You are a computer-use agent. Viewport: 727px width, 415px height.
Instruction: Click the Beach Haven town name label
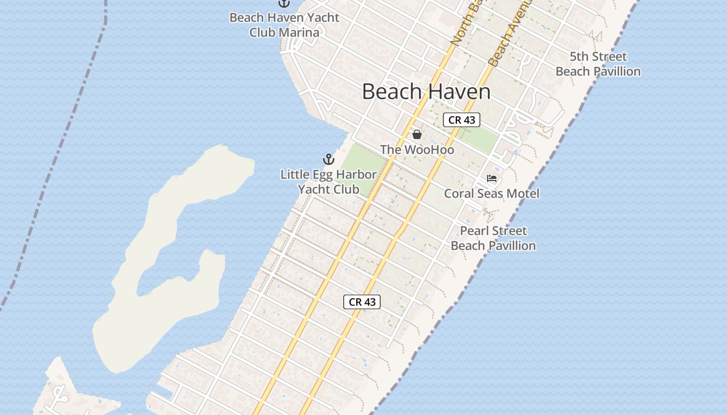pos(426,92)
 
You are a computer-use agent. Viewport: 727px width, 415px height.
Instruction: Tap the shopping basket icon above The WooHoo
pos(416,134)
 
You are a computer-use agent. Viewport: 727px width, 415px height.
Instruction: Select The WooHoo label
pos(417,150)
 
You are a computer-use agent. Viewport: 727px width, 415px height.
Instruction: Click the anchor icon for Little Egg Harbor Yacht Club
pos(328,159)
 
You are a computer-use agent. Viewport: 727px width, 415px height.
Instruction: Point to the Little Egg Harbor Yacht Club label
pos(328,182)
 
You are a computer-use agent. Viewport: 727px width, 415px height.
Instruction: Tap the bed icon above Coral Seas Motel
pos(492,179)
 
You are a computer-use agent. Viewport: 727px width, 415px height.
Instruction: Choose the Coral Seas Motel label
pos(491,193)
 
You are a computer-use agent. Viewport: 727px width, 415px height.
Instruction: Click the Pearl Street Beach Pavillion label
pos(493,238)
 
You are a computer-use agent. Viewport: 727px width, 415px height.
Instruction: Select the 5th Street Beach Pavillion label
pos(598,64)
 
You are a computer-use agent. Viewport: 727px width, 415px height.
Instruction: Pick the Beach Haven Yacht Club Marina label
pos(284,24)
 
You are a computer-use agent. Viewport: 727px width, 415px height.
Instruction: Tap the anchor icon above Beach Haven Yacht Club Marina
pos(284,3)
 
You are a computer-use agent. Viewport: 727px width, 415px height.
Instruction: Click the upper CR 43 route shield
pos(461,120)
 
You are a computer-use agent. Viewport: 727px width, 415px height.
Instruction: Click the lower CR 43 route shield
pos(362,302)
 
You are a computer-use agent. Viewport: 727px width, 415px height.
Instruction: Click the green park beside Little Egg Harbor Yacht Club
pos(363,166)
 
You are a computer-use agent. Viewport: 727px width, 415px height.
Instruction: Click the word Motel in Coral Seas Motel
pos(521,193)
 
